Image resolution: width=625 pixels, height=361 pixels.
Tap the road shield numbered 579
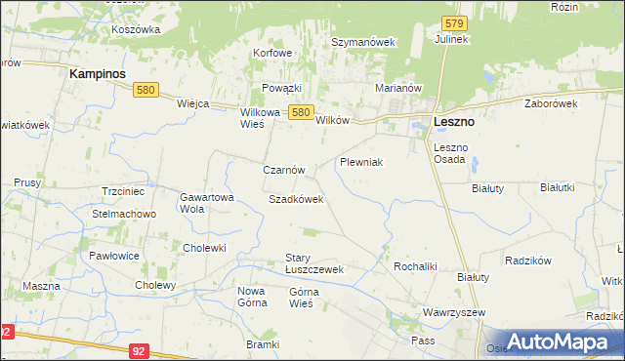pos(452,22)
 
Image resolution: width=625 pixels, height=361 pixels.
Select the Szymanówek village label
pos(361,43)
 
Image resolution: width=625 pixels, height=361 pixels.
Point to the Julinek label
pos(453,40)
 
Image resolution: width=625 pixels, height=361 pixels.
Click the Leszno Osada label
pos(450,153)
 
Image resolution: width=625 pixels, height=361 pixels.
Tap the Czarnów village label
pos(284,169)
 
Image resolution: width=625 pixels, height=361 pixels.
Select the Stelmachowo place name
pos(124,214)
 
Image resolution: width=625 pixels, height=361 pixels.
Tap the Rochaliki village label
pos(414,265)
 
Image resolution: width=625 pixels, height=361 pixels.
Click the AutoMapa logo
pos(554,341)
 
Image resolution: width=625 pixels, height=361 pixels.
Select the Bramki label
pos(263,344)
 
